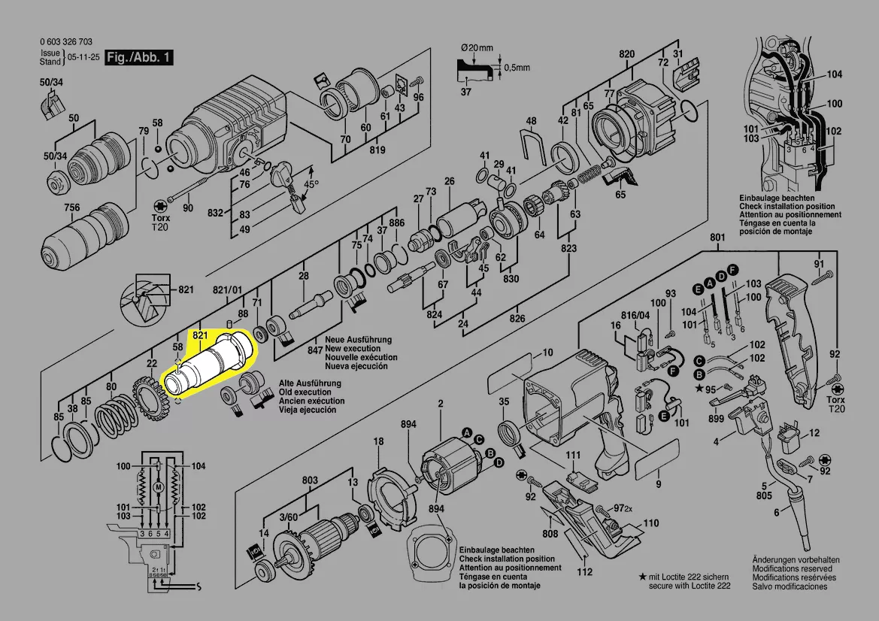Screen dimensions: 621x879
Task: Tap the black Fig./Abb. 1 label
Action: [140, 58]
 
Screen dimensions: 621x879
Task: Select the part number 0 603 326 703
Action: [67, 42]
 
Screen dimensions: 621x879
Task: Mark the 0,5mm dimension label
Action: [517, 68]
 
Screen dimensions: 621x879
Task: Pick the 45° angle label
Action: [311, 183]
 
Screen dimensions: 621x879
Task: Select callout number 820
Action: [627, 54]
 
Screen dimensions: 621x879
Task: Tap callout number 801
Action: [717, 238]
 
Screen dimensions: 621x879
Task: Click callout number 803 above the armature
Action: [310, 480]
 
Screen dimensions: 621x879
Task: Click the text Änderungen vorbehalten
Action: [796, 560]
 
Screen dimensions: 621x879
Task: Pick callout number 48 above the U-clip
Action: [531, 121]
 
